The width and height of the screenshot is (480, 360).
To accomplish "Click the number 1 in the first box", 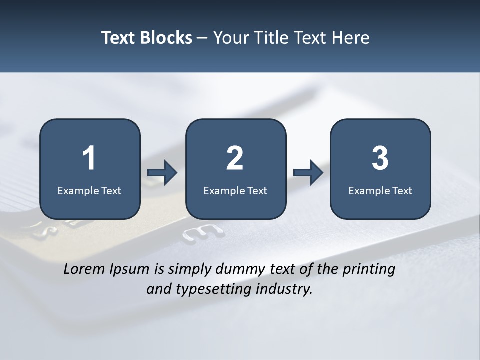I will click(x=89, y=158).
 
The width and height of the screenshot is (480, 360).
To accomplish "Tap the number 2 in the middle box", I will click(x=235, y=158).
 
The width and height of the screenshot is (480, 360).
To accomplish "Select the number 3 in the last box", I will click(x=380, y=158).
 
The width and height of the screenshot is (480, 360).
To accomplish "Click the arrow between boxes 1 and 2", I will click(x=163, y=173).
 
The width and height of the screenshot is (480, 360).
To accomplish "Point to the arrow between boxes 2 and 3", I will click(x=308, y=173).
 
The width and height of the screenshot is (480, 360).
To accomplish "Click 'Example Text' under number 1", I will click(x=89, y=190).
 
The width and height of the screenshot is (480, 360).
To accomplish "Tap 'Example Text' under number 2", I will click(x=235, y=190).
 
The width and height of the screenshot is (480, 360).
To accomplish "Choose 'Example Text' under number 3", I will click(x=380, y=190).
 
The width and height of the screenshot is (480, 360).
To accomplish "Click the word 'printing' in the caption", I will click(x=369, y=270).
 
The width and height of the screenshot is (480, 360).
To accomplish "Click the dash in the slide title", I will click(x=202, y=38).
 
